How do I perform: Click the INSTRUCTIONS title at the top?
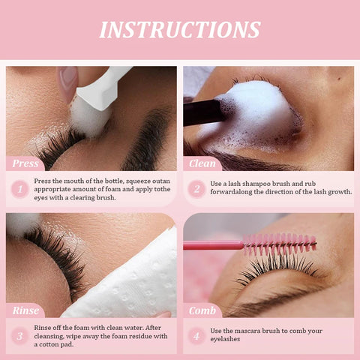[x=180, y=29]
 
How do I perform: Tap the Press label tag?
[x=25, y=163]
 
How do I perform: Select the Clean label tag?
[x=203, y=163]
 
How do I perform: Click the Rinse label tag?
[x=25, y=310]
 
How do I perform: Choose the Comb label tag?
[x=203, y=310]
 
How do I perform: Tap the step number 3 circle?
[x=20, y=335]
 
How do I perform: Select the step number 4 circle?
[x=197, y=335]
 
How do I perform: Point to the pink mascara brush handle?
[x=214, y=245]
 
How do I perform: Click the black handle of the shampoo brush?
[x=202, y=112]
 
